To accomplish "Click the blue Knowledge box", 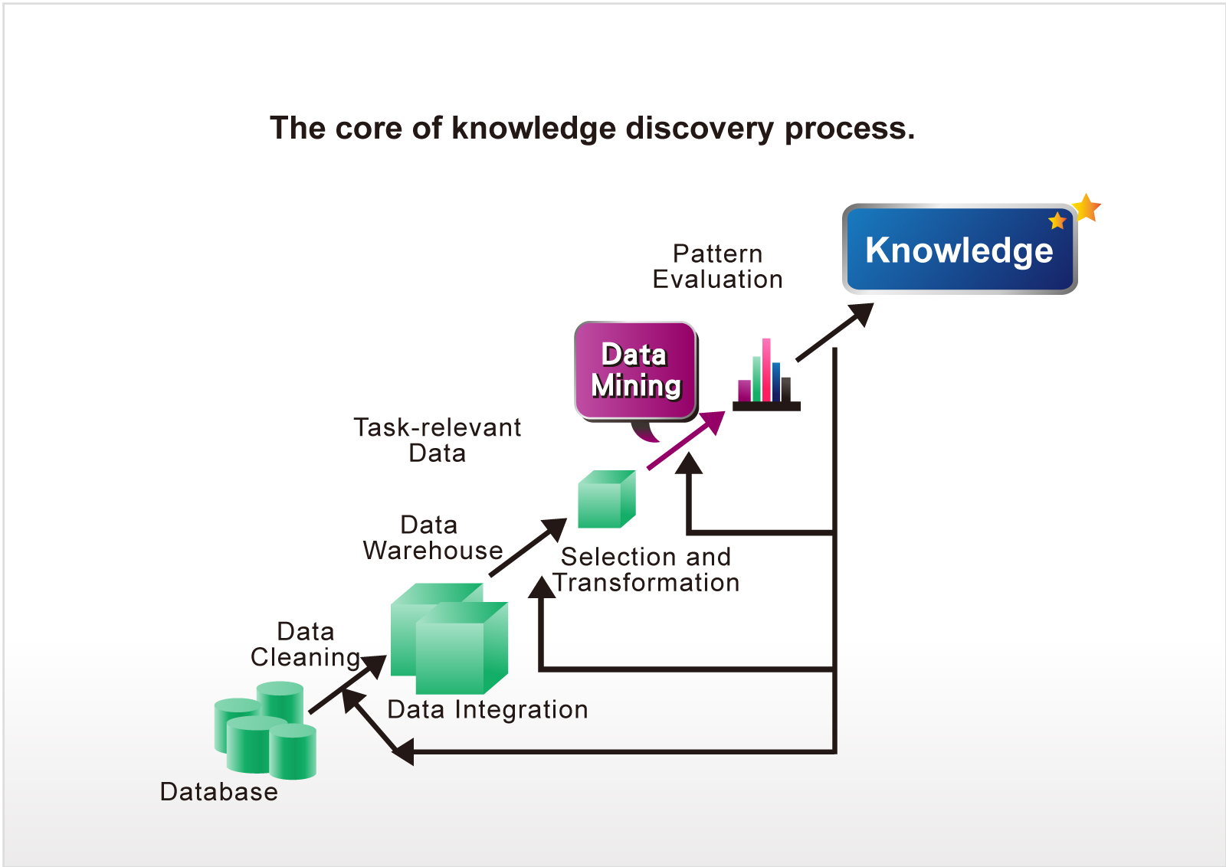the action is point(959,249).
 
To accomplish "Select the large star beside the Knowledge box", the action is point(1086,208).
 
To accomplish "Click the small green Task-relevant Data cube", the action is point(606,499).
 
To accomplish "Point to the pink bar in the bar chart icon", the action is point(766,370).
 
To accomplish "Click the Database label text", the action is point(219,791).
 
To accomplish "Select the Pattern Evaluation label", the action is point(717,267).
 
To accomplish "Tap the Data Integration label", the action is point(487,709).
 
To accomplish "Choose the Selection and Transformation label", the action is point(646,569).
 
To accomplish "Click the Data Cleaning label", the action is point(306,644).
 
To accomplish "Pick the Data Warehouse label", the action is point(432,538).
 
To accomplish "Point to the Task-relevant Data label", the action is point(438,440).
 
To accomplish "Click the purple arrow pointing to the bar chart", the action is point(687,440).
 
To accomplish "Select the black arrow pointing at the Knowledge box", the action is point(834,332).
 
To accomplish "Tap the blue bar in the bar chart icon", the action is point(776,382).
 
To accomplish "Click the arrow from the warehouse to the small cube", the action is point(528,547).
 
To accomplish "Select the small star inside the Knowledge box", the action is point(1057,221).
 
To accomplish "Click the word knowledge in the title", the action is point(533,129).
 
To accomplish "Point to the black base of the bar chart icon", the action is point(766,406).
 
